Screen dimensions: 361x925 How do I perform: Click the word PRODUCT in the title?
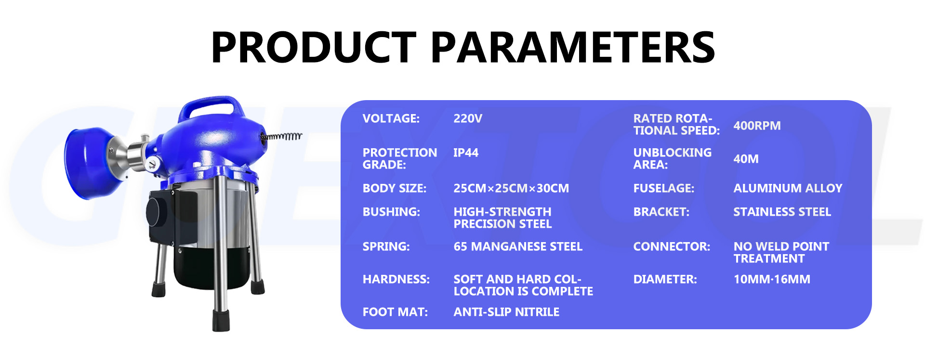point(313,47)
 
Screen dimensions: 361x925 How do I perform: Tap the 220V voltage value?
point(467,119)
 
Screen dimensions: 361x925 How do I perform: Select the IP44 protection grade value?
point(466,153)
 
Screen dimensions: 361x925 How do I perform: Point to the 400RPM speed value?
point(757,126)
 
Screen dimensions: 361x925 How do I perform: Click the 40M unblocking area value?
point(746,159)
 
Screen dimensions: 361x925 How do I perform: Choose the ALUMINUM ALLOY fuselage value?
point(788,188)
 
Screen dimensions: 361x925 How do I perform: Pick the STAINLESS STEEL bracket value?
point(782,212)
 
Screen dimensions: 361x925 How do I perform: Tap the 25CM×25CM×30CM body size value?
point(511,188)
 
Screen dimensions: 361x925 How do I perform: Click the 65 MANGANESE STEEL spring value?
point(518,246)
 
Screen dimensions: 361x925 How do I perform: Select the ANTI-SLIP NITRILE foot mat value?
point(506,312)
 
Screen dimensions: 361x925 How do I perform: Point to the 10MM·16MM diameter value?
point(772,279)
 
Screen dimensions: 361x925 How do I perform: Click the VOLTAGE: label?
point(391,119)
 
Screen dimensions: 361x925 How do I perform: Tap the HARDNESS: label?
point(396,279)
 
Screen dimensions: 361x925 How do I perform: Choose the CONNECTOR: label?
point(672,246)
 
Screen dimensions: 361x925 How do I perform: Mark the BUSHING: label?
point(391,212)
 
